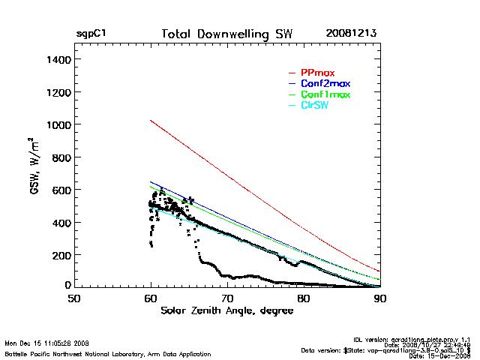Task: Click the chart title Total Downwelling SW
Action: pos(227,34)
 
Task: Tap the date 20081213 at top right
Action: pos(351,34)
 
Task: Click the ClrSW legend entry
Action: pos(314,105)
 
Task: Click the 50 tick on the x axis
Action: pos(73,298)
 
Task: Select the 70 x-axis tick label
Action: pos(227,298)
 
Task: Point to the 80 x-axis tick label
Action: pos(304,298)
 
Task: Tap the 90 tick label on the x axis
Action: pos(380,298)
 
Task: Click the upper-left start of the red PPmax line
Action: pos(151,120)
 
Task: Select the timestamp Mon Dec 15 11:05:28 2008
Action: pos(46,343)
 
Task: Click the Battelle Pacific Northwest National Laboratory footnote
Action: pos(107,353)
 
